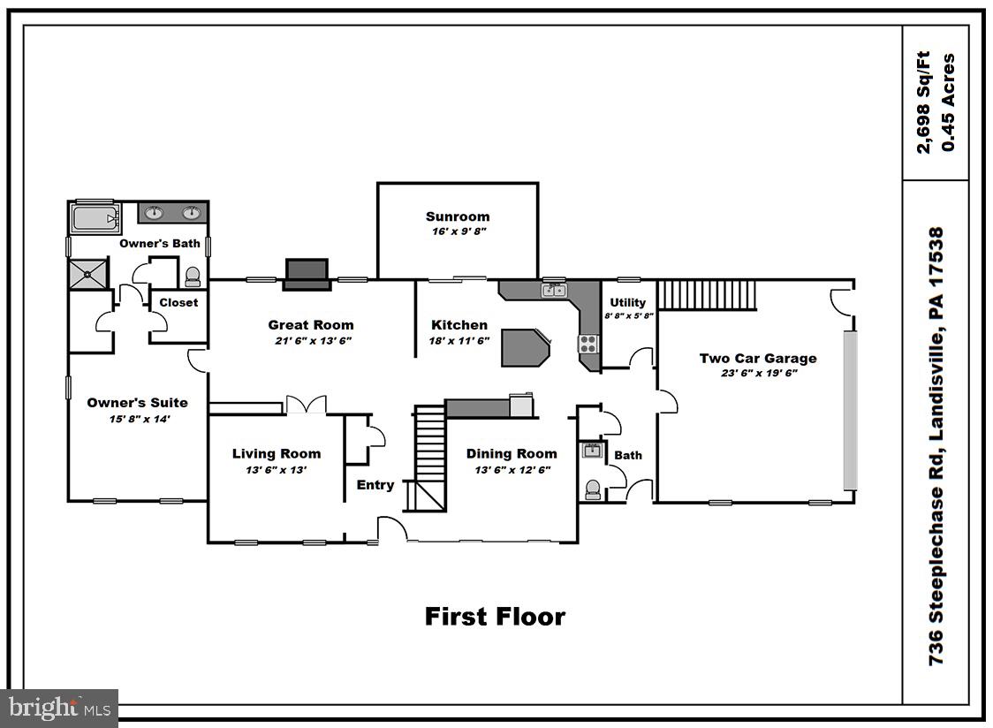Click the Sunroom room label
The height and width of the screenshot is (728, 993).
click(457, 216)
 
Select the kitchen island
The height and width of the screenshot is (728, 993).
click(525, 347)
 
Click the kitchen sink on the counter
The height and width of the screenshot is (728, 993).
click(554, 289)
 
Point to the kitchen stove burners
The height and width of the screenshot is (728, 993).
click(587, 344)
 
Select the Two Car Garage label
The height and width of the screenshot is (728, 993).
click(757, 358)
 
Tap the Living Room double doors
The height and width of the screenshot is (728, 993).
click(306, 406)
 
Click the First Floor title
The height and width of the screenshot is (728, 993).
click(495, 616)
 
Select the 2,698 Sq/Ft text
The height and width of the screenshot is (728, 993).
click(923, 102)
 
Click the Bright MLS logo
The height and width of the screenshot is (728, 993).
click(59, 708)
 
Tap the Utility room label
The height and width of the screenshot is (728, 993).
click(627, 302)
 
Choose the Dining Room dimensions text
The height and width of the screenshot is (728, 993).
click(512, 470)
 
